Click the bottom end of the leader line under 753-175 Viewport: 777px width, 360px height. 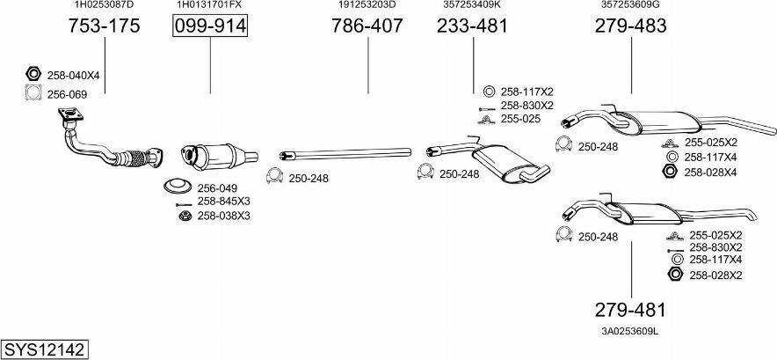pos(105,93)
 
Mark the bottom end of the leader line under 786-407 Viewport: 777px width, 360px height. pos(368,93)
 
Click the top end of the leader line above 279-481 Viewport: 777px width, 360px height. pos(631,241)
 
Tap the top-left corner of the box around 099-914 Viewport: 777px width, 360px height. pos(173,15)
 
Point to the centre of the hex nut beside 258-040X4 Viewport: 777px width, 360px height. pos(33,75)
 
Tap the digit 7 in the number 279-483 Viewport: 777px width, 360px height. pos(614,26)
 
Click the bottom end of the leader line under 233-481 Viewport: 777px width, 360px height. pos(473,93)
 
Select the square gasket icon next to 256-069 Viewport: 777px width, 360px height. pos(33,92)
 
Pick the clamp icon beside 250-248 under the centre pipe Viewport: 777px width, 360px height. pos(274,176)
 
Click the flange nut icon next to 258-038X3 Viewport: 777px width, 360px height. pos(185,216)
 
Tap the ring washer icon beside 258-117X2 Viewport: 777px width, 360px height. pos(488,92)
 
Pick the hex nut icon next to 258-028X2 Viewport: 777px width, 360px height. pos(675,274)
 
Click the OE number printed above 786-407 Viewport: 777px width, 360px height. pos(367,5)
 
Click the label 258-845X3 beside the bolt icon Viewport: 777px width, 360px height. pos(223,201)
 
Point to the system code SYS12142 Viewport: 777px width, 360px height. pos(44,349)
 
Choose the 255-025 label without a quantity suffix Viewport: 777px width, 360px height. pos(520,119)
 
